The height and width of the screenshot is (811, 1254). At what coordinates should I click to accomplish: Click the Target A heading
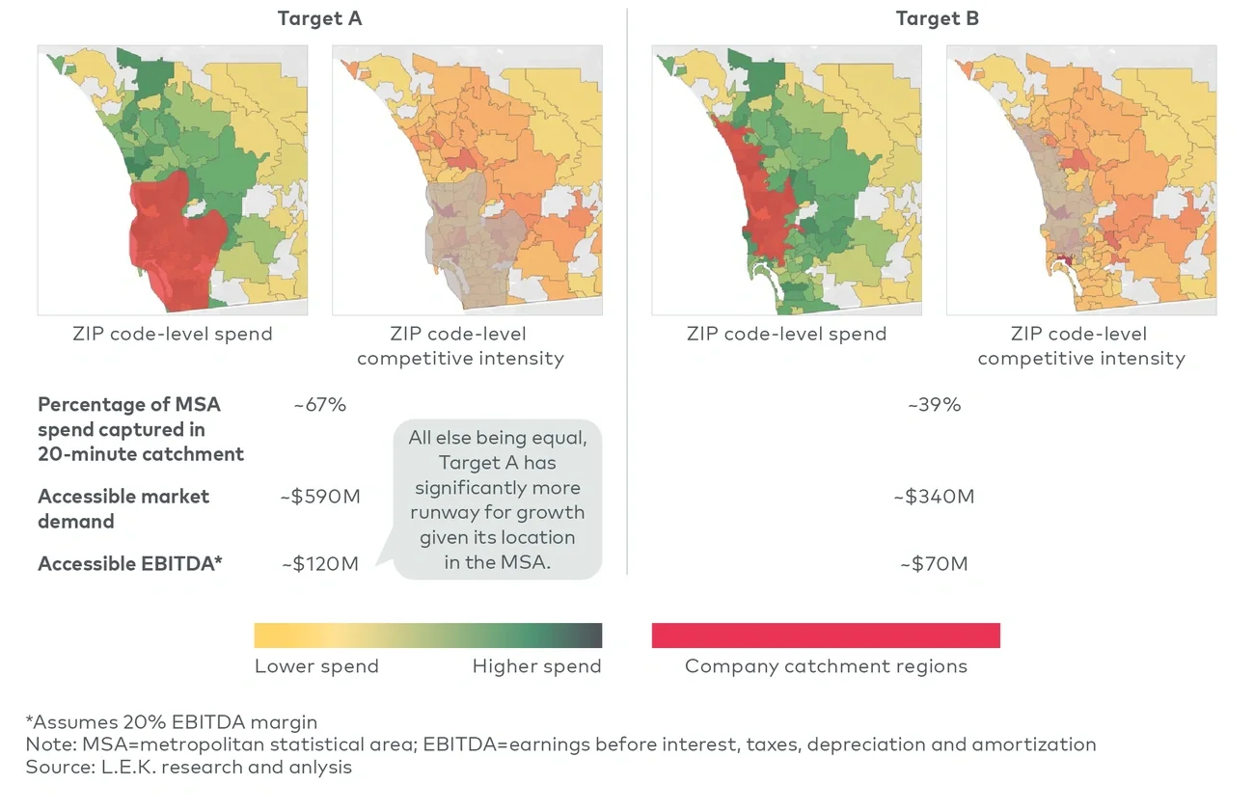pos(319,18)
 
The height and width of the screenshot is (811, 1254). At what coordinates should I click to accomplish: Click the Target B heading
pos(937,18)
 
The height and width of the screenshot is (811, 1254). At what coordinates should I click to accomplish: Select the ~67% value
pos(319,404)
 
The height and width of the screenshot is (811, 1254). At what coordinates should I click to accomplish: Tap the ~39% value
pos(934,404)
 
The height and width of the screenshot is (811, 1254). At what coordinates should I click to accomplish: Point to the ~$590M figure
pos(320,497)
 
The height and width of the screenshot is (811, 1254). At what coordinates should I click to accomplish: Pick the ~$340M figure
pos(934,497)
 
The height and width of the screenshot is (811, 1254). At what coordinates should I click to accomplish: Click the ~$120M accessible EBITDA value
pos(320,564)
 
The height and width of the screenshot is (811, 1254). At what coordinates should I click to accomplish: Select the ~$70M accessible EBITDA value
pos(934,564)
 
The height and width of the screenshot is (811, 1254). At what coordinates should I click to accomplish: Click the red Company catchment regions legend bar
pos(826,635)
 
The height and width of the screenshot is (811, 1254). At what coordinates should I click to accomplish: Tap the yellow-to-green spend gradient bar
pos(427,635)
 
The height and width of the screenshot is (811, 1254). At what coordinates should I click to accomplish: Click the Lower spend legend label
pos(316,666)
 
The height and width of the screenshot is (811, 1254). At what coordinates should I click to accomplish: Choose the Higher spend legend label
pos(536,666)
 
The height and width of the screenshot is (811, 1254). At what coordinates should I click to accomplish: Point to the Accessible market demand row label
pos(123,508)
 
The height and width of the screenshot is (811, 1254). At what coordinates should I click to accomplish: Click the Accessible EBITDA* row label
pos(130,564)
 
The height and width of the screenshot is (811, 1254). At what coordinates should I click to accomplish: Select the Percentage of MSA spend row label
pos(141,429)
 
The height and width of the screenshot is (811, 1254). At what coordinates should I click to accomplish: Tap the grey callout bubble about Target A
pos(497,500)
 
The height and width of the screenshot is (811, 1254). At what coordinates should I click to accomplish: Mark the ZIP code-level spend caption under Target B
pos(786,335)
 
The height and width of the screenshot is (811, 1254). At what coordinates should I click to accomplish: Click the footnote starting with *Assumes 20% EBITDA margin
pos(172,721)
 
